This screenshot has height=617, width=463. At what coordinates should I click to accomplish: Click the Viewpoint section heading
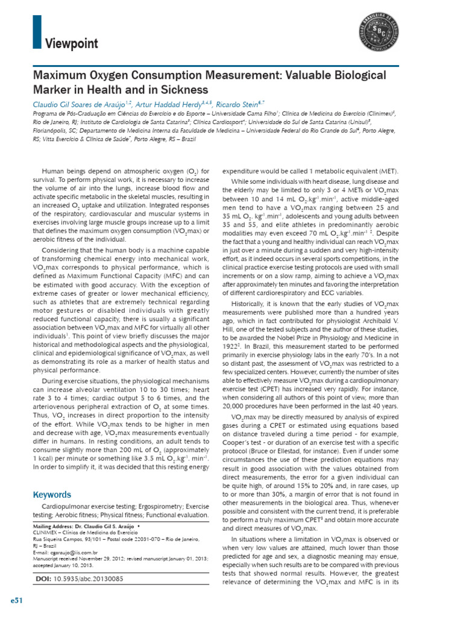[x=72, y=43]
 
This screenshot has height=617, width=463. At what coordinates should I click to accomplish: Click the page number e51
[x=16, y=602]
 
